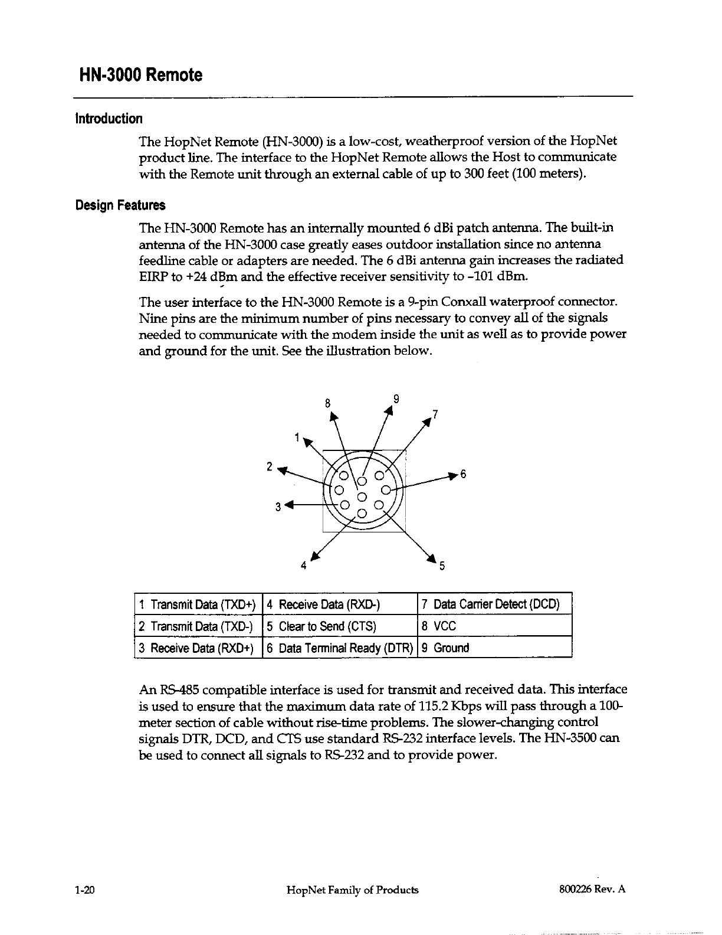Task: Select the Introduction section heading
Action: coord(109,119)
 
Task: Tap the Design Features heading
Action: coord(120,205)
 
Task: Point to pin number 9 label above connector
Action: coord(397,398)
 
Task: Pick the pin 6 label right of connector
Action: coord(463,475)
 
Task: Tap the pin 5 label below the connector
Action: coord(441,568)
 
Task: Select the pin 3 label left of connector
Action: coord(278,506)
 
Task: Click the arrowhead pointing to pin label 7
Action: coord(426,423)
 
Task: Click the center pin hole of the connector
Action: coord(363,495)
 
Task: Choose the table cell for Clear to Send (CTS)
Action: coord(339,626)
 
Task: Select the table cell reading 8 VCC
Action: coord(494,626)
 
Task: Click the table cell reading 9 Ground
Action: coord(494,648)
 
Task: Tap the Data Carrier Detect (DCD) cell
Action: coord(494,604)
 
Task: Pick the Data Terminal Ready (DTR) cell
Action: coord(339,648)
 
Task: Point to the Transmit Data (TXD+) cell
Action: coord(197,604)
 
